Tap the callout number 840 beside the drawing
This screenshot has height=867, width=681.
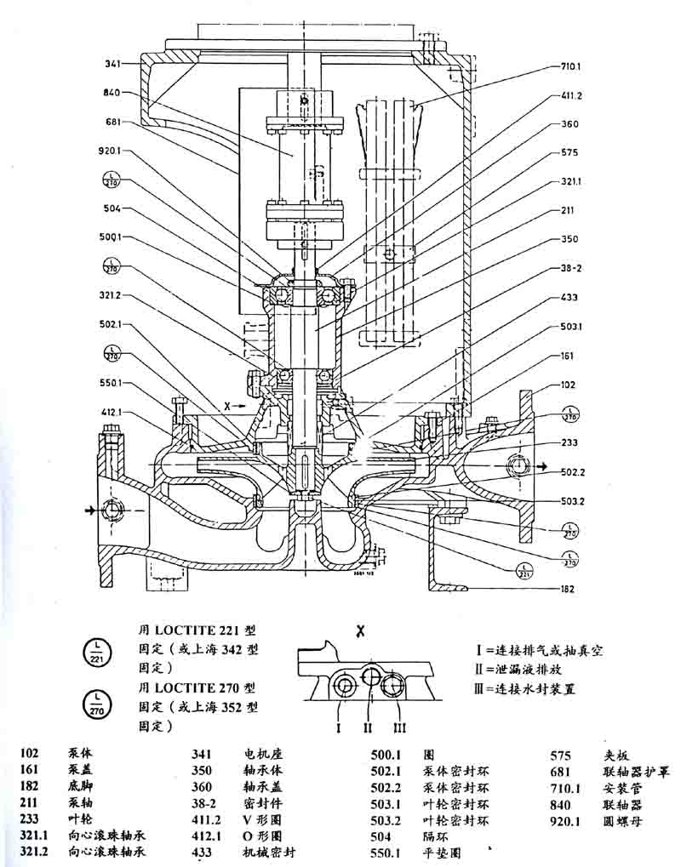coord(112,92)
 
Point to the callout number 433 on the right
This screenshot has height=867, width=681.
coord(569,298)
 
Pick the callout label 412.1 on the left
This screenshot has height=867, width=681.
coord(112,412)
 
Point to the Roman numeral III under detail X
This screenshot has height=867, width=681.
coord(400,727)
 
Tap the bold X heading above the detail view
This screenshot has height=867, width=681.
coord(361,630)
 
